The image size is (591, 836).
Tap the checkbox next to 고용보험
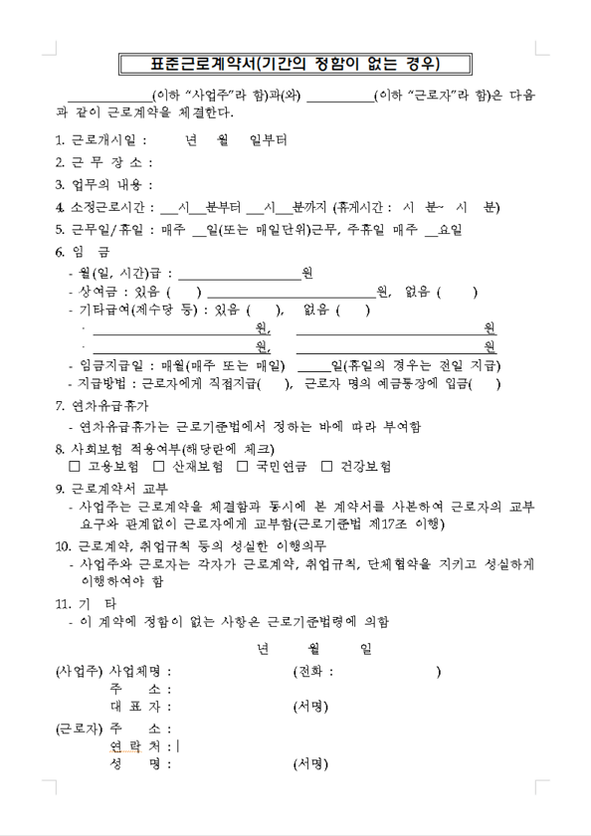76,466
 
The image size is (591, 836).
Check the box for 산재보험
159,466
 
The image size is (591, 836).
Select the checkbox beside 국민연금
243,466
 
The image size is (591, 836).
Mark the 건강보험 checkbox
327,466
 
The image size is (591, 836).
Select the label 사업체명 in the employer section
139,672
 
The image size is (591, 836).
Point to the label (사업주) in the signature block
79,672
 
